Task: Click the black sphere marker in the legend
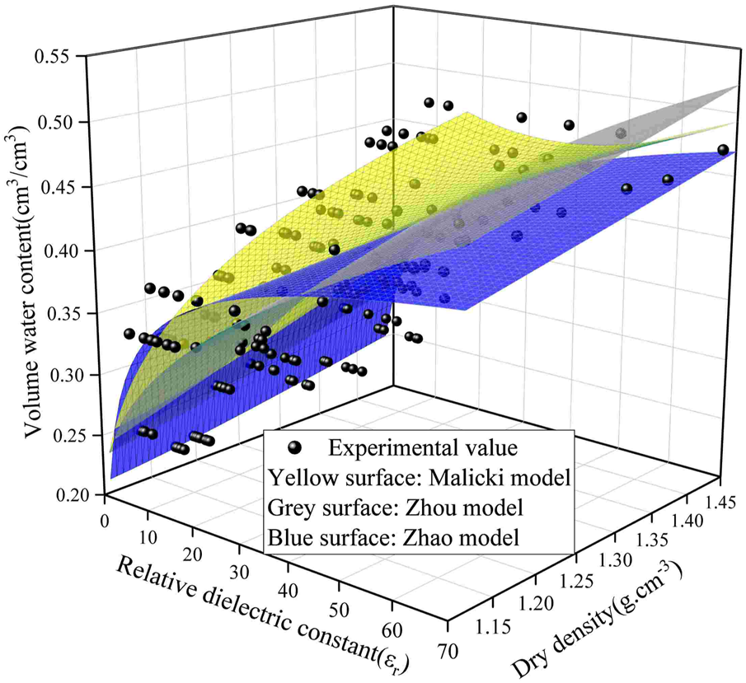(x=295, y=448)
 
